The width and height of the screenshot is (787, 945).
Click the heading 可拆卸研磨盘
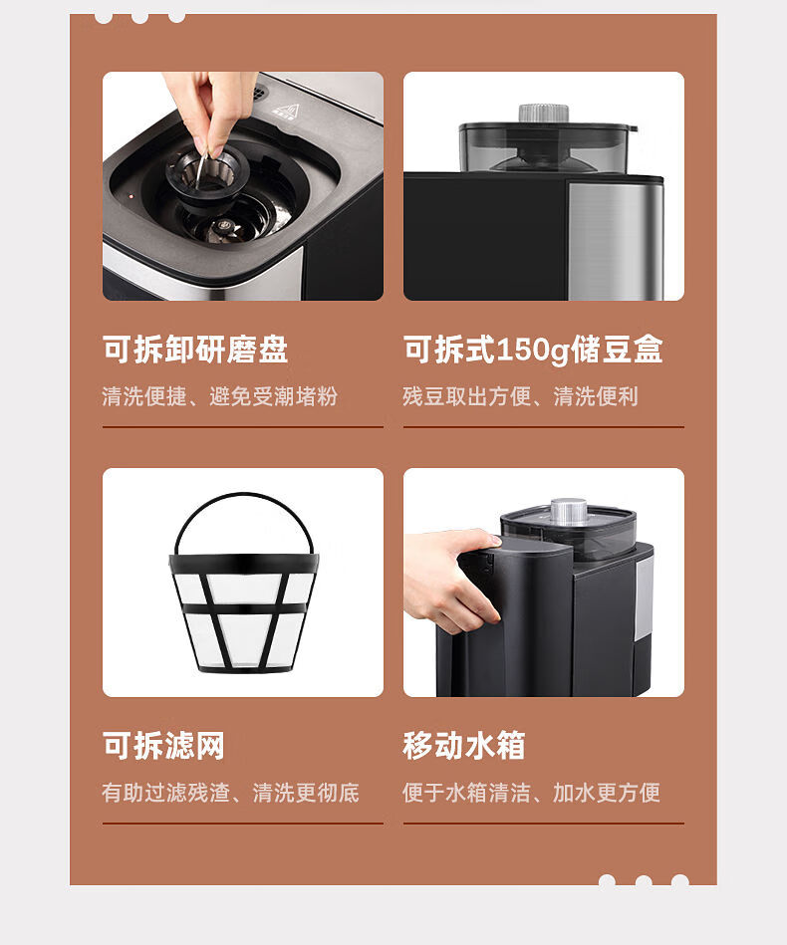pyautogui.click(x=195, y=349)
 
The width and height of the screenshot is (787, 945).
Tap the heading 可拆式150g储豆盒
pyautogui.click(x=533, y=350)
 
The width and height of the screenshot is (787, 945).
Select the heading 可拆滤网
pyautogui.click(x=163, y=746)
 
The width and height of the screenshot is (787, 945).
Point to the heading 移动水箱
pyautogui.click(x=464, y=746)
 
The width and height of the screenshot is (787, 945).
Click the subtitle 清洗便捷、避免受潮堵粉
pyautogui.click(x=219, y=396)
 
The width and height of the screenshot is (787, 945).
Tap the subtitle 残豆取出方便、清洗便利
pyautogui.click(x=520, y=396)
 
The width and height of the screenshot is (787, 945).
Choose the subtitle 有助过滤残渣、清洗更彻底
pyautogui.click(x=230, y=793)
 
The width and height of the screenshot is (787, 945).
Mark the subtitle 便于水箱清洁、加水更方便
pyautogui.click(x=531, y=793)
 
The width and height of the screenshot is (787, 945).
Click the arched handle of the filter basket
pyautogui.click(x=244, y=496)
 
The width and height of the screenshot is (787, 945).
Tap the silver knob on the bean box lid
pyautogui.click(x=544, y=113)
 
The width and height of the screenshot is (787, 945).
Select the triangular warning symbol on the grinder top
pyautogui.click(x=293, y=111)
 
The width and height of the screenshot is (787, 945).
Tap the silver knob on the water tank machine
pyautogui.click(x=569, y=511)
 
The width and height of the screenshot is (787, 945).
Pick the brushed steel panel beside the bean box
pyautogui.click(x=615, y=240)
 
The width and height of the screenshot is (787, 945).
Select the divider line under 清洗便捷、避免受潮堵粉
pyautogui.click(x=243, y=427)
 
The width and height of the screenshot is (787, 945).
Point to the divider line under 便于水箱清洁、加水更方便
pyautogui.click(x=544, y=824)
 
